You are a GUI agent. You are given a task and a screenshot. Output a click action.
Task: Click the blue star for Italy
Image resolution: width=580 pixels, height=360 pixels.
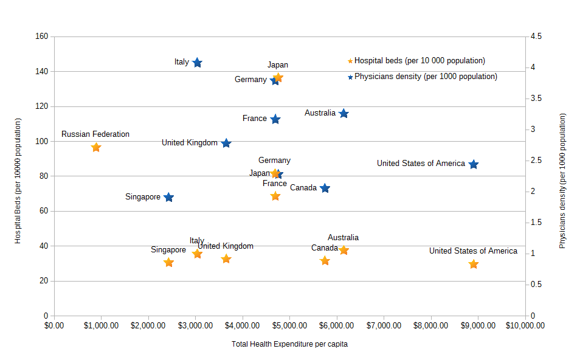pos(197,63)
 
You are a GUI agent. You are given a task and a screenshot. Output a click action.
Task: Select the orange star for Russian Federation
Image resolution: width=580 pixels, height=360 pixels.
pos(96,147)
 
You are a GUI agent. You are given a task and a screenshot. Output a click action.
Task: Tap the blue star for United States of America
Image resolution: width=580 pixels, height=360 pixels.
pos(474,164)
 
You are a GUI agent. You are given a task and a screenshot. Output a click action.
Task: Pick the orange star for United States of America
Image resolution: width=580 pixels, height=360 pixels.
pos(474,264)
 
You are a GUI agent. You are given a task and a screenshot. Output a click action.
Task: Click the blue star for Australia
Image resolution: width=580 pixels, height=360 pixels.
pos(344,114)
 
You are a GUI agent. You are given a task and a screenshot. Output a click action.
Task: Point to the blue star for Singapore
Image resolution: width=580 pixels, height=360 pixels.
pos(169,198)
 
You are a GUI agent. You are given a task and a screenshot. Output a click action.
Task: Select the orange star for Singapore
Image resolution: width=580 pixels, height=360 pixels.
pos(169,263)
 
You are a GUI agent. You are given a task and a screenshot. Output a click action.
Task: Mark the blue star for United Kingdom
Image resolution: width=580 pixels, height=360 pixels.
pos(226,144)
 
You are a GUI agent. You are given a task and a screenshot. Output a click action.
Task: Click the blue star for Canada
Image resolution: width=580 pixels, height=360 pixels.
pos(325,189)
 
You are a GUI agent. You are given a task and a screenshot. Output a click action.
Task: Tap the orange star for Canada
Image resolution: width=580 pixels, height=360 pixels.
pos(325,261)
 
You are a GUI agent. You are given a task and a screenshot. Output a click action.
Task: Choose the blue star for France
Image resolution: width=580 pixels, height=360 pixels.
pos(275,119)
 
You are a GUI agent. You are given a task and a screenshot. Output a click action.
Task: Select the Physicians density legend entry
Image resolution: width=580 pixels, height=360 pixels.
pos(426,77)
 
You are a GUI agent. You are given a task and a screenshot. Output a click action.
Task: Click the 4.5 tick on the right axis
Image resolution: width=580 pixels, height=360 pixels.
pos(536,36)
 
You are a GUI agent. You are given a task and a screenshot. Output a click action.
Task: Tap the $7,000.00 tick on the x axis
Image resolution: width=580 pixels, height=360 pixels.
pos(384,325)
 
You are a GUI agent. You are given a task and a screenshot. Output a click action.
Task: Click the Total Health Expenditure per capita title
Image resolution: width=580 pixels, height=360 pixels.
pos(289,344)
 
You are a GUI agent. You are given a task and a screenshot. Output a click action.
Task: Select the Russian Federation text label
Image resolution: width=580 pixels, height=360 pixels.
pos(95,134)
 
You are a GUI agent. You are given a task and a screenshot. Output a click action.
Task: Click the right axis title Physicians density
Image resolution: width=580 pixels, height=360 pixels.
pos(562,181)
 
